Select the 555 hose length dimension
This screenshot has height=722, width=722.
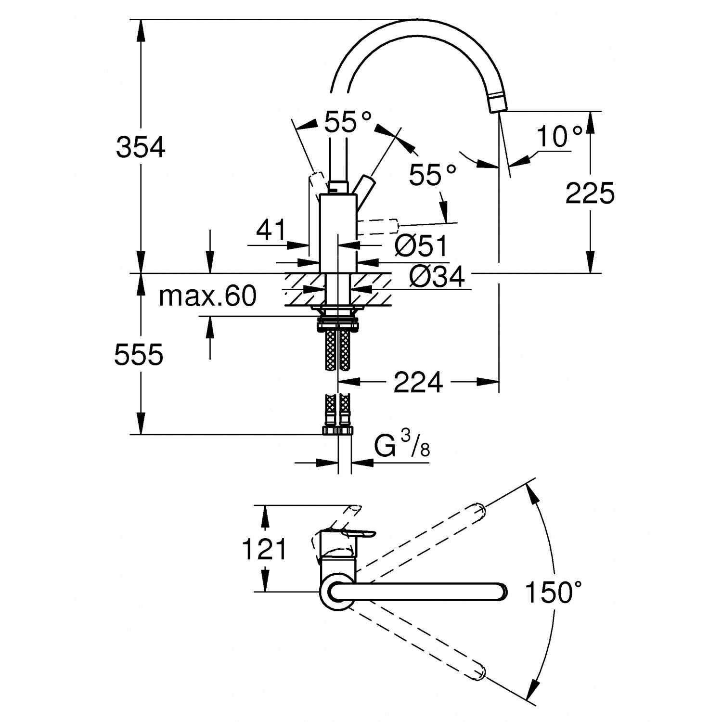[139, 355]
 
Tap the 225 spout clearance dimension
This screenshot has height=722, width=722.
[590, 193]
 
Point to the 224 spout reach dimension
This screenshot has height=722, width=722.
[418, 383]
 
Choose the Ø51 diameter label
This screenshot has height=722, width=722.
[421, 246]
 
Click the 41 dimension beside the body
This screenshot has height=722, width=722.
[271, 230]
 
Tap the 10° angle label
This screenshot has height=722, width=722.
[559, 137]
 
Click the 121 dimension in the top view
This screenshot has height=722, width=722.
[264, 549]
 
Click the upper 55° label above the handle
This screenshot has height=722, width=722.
[348, 122]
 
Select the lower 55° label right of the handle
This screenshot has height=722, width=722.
[432, 175]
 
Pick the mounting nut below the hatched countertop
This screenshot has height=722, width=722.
[338, 322]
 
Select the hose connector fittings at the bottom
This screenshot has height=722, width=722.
[338, 429]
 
